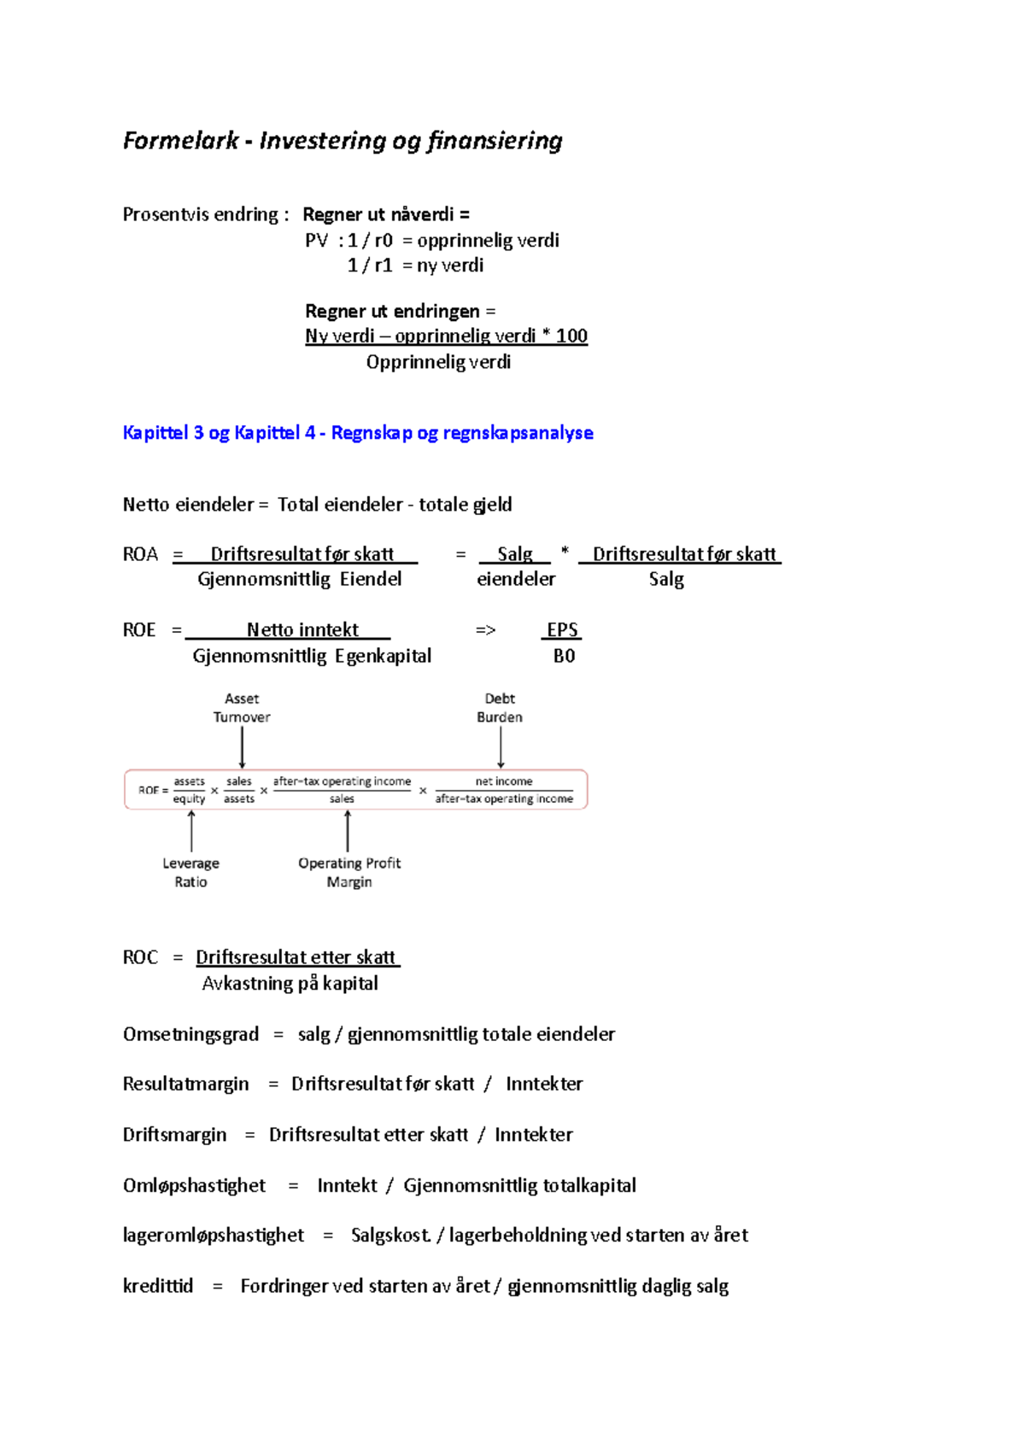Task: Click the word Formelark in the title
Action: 180,141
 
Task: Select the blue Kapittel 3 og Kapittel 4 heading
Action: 358,433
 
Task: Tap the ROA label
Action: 141,555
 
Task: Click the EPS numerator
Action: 562,630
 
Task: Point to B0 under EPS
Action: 564,656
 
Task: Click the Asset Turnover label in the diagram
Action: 242,708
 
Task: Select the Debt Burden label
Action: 500,708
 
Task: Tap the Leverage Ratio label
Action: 190,873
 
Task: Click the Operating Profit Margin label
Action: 349,873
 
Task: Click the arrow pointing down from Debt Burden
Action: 501,748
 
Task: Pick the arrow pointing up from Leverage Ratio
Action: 191,831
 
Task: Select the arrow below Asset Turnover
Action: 243,748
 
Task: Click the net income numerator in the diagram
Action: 504,781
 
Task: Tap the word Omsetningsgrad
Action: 190,1035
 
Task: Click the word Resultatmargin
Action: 186,1085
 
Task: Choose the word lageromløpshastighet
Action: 214,1236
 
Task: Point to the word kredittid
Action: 158,1286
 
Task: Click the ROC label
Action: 141,958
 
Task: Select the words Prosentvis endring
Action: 201,215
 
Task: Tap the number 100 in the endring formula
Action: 571,336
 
